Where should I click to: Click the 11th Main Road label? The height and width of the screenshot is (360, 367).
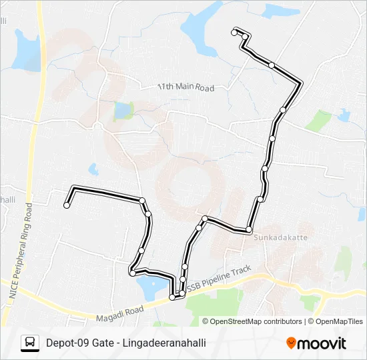coord(186,87)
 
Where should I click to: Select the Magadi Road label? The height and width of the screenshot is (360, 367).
coord(119,311)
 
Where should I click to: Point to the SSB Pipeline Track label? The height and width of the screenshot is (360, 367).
coord(219,279)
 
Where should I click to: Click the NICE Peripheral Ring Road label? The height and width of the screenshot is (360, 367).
coord(20,254)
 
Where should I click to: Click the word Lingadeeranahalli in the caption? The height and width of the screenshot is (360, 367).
coord(167,343)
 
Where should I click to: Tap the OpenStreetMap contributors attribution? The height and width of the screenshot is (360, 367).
coord(253,321)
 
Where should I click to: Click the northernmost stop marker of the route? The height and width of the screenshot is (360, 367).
coord(234,32)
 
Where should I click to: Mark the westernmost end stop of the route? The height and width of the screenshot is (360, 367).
coord(67,205)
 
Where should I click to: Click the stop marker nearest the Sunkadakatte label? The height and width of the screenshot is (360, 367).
coord(249,229)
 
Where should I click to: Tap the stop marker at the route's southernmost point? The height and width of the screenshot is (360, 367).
coord(172,298)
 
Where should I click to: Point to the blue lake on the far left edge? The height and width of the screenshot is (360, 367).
coord(27,49)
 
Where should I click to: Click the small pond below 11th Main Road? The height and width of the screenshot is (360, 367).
coord(123,111)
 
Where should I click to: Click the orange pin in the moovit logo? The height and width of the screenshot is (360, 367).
coord(291,343)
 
